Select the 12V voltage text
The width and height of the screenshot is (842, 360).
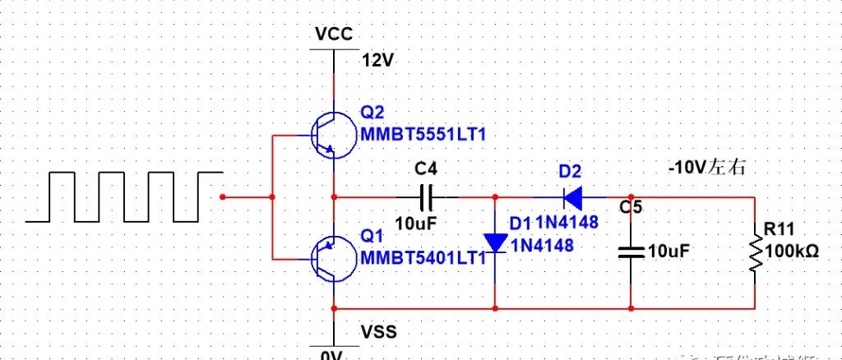pos(379,60)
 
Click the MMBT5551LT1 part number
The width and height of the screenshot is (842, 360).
pos(417,133)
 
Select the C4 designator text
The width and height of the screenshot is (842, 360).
pos(426,169)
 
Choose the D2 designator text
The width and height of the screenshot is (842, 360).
pos(570,172)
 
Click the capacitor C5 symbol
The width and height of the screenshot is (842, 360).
pos(631,252)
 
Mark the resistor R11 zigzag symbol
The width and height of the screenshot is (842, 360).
pos(754,253)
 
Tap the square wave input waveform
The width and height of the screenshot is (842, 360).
pos(123,197)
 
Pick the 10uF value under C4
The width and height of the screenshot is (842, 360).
pos(416,223)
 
